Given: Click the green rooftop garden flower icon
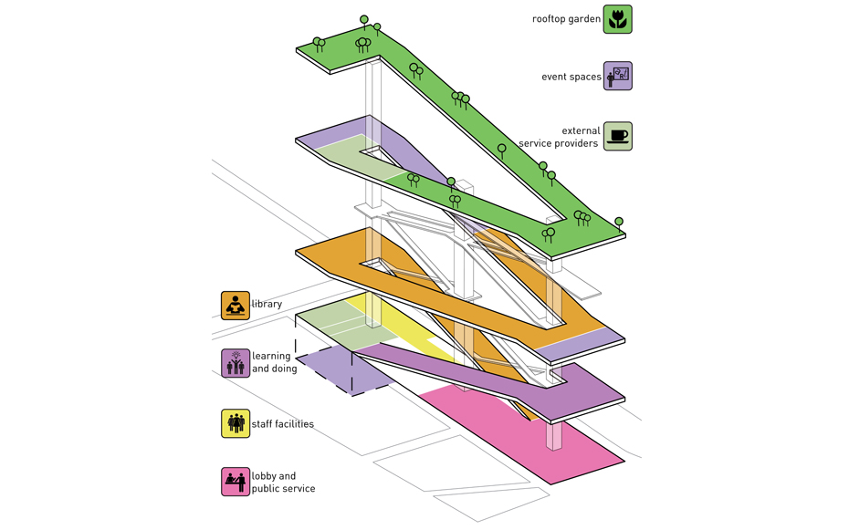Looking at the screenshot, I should click(617, 19).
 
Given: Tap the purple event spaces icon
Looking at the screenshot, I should click(617, 77).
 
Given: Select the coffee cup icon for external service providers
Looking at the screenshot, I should click(617, 137).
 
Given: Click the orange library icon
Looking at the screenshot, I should click(236, 306).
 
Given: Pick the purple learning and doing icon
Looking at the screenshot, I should click(236, 363).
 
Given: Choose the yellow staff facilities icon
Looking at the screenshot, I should click(236, 423).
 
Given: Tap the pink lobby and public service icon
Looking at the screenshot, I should click(236, 482).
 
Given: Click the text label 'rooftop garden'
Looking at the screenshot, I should click(566, 19).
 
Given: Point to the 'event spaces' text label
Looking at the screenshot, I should click(571, 78).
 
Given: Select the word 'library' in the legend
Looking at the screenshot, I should click(267, 305).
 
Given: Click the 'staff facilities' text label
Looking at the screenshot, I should click(283, 424).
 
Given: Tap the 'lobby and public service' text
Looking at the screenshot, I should click(284, 483).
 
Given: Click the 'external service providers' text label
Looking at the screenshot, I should click(559, 138).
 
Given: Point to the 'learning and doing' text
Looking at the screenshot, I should click(274, 363).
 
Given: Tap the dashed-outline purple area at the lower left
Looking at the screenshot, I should click(342, 369).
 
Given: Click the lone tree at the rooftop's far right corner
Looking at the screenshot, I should click(619, 223).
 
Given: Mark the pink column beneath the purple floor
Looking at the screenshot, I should click(554, 436).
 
